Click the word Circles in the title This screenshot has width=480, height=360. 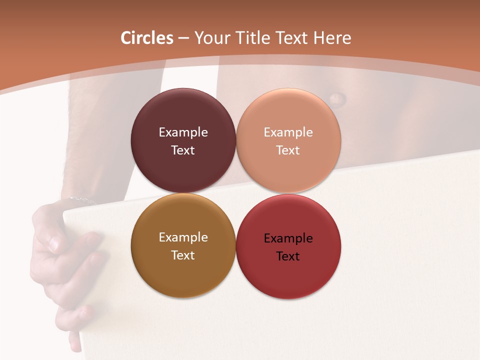pos(147,38)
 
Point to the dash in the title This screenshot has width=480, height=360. pos(183,38)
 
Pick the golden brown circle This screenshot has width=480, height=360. pos(183,275)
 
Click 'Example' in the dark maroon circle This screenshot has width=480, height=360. pos(183,132)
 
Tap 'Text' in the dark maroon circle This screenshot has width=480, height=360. pos(183,150)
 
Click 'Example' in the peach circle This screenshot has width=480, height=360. pos(288,132)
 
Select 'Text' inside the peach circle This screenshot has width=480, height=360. pos(288,150)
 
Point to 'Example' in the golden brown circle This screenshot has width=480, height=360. pos(183,237)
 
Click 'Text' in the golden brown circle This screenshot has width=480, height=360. pos(183,255)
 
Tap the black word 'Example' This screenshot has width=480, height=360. pos(288,238)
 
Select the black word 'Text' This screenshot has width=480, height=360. pos(288,256)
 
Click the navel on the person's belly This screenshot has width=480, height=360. pos(336,98)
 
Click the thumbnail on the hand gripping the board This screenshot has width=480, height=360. pos(54,244)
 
